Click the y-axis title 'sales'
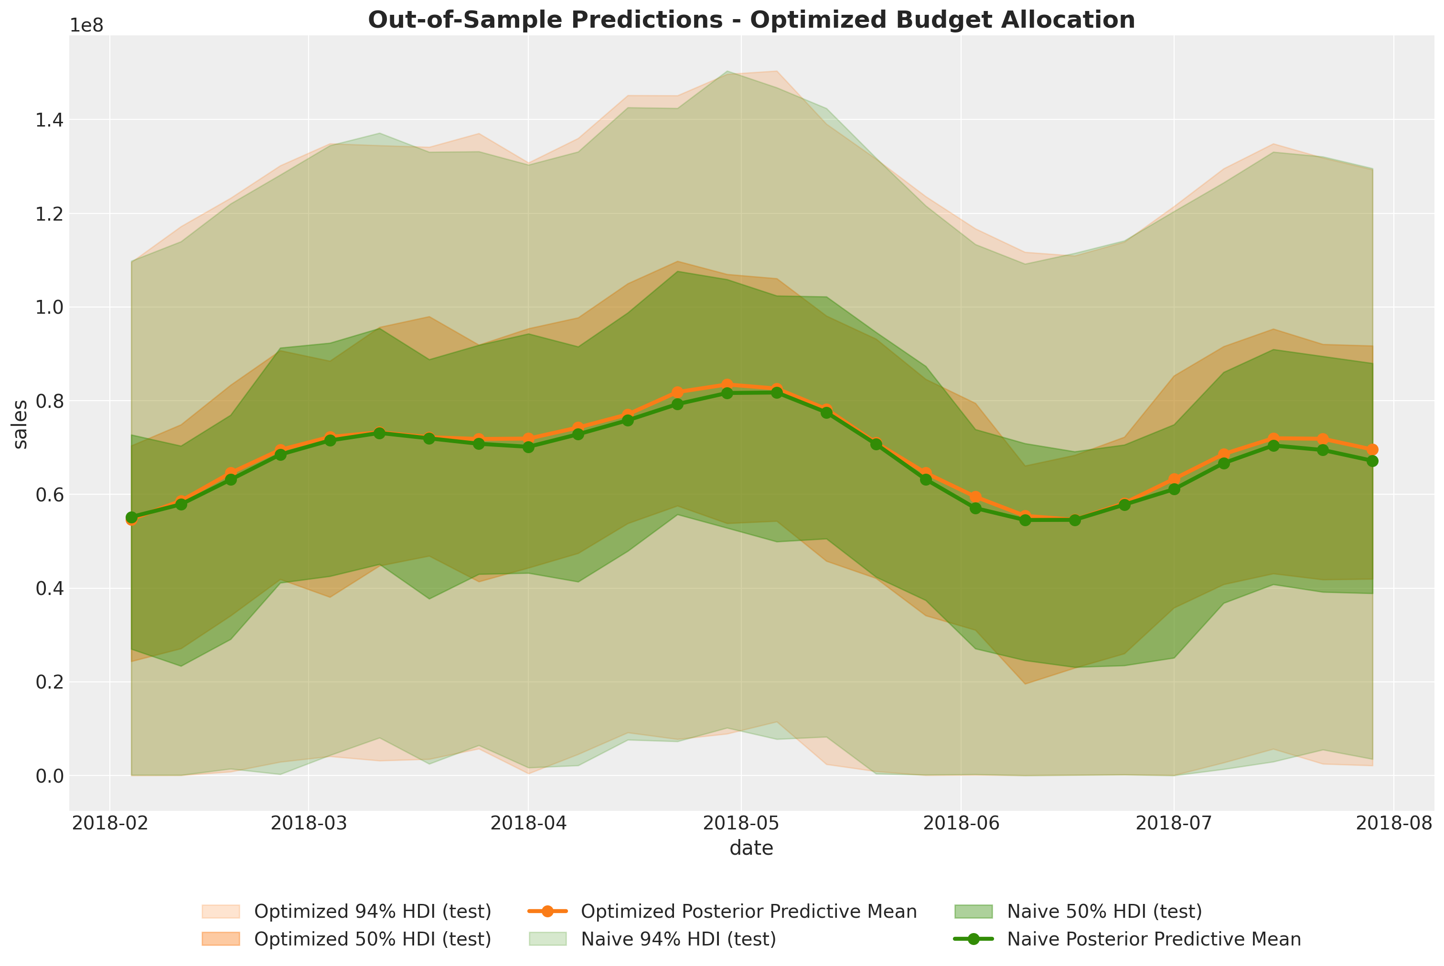click(x=21, y=425)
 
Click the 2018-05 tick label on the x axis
click(x=741, y=823)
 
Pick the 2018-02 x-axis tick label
click(x=110, y=823)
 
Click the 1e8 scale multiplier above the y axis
click(x=86, y=26)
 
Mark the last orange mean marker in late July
click(x=1372, y=450)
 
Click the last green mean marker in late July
click(x=1372, y=461)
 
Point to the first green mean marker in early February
click(x=131, y=518)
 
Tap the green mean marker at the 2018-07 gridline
click(x=1174, y=489)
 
